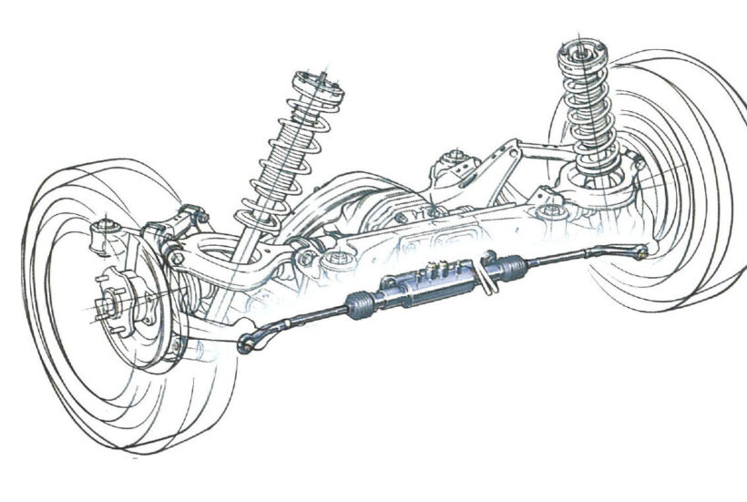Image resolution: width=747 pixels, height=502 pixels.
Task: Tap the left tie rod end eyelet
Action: pos(245,345)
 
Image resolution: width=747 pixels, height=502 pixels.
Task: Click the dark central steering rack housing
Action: pos(428,287)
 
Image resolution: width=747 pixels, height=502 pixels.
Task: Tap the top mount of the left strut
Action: pos(322,83)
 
